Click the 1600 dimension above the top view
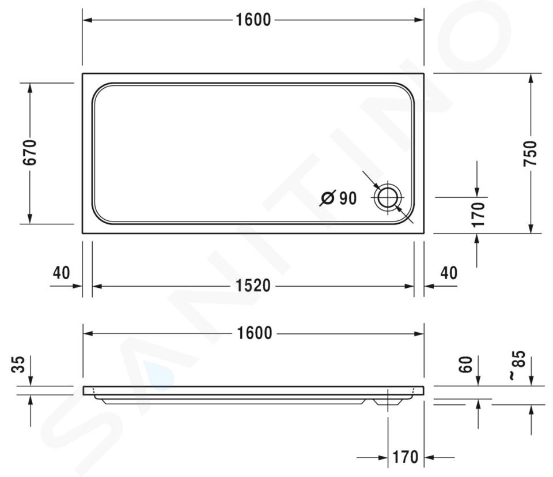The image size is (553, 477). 253,20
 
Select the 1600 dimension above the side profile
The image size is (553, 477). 254,333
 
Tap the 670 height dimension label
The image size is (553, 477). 29,152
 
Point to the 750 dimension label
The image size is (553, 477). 530,153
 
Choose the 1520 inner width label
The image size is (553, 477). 253,286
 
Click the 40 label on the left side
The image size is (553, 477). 62,273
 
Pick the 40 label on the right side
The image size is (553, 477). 449,273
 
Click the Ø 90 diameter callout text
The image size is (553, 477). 339,198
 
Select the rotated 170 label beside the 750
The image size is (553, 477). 478,215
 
